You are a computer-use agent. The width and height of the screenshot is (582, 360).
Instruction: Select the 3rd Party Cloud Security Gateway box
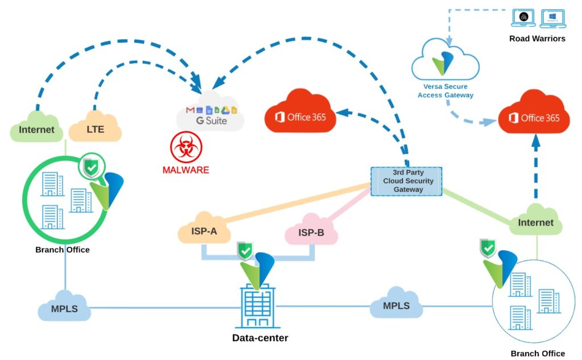point(406,181)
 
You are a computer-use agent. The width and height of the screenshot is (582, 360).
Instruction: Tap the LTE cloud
point(95,129)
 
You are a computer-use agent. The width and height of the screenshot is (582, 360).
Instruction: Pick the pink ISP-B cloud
point(311,232)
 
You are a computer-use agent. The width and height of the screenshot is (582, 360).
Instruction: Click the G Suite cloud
point(210,116)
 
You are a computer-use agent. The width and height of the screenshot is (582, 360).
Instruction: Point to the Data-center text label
point(260,338)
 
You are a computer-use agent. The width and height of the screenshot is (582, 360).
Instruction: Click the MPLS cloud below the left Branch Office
point(64,309)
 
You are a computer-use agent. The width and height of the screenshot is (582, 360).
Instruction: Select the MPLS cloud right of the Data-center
point(396,306)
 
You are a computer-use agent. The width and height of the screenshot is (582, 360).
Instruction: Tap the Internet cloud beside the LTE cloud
point(36,130)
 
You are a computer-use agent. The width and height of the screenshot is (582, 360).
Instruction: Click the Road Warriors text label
point(538,39)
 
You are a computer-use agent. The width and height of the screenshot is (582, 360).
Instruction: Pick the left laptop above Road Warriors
point(524,18)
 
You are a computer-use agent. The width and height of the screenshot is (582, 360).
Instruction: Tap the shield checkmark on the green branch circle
point(92,167)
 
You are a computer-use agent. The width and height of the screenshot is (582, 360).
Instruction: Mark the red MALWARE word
point(185,169)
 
